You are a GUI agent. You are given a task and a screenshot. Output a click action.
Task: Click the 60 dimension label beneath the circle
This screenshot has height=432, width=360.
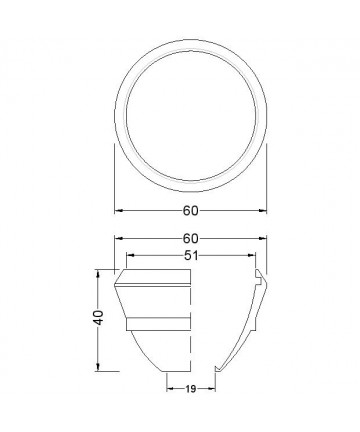pos(190,211)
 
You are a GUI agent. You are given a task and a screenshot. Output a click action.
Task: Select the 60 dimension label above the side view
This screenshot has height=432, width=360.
pos(190,238)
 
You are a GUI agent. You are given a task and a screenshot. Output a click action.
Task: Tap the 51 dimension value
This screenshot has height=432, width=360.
pos(191,255)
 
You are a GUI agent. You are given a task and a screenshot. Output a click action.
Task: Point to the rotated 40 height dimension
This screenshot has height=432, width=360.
pos(98,318)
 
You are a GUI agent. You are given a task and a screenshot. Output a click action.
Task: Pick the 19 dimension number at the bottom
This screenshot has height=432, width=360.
pos(191,389)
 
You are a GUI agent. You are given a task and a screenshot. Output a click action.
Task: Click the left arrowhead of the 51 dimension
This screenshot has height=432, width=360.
pos(130,255)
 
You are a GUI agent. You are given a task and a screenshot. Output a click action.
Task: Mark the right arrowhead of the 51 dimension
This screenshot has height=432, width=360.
pos(252,255)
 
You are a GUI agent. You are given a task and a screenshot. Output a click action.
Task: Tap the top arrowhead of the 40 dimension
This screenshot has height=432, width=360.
pos(98,273)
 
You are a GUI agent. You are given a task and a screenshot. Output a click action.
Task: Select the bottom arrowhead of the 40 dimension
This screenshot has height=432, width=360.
pos(98,367)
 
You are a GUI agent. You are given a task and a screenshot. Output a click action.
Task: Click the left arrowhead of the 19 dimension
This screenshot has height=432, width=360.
pos(170,389)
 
